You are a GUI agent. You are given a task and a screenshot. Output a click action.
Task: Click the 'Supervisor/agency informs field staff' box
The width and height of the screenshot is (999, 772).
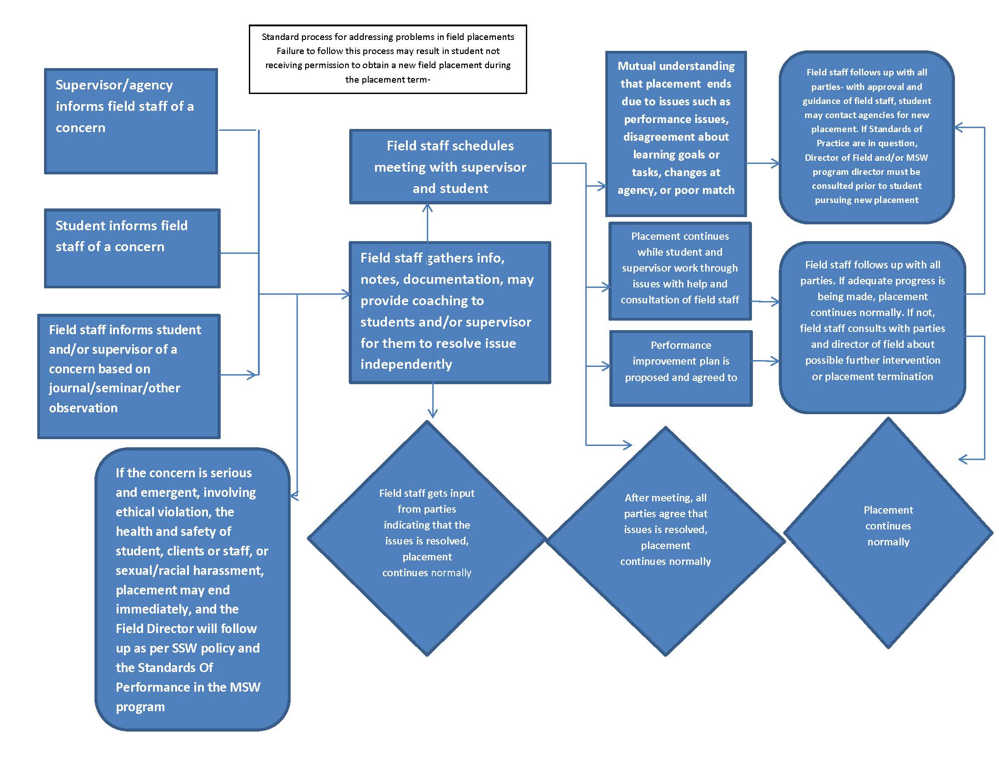pyautogui.click(x=130, y=121)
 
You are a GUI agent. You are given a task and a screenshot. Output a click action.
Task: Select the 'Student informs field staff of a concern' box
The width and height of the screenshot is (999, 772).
pyautogui.click(x=132, y=248)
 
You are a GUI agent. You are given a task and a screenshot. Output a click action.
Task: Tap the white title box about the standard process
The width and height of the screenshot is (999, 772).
pyautogui.click(x=387, y=59)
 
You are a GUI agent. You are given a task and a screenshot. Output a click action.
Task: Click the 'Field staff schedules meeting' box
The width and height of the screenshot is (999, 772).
pyautogui.click(x=450, y=167)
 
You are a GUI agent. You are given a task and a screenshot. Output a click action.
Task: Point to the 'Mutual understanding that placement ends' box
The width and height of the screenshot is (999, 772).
pyautogui.click(x=676, y=133)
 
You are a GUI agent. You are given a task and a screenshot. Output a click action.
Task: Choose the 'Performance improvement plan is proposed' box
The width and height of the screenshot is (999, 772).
pyautogui.click(x=681, y=368)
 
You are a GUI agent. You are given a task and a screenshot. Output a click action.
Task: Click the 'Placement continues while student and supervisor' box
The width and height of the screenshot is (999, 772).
pyautogui.click(x=680, y=271)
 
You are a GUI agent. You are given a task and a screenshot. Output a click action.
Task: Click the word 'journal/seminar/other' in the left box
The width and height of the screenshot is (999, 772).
pyautogui.click(x=114, y=388)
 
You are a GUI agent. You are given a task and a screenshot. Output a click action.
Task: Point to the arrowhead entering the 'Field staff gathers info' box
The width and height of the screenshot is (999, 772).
pyautogui.click(x=346, y=294)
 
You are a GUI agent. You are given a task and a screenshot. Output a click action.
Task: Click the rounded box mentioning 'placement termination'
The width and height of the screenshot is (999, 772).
pyautogui.click(x=872, y=327)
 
